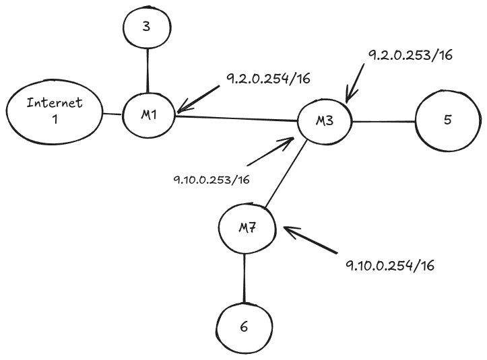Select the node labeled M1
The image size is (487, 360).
pos(149,115)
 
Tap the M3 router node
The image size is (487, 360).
pos(325,122)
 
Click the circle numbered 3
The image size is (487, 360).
pos(148,28)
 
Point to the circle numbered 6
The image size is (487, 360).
pos(244,328)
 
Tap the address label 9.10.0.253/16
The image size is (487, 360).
pos(212,180)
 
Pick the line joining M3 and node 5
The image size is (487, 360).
pos(383,122)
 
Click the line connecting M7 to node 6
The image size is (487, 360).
pos(244,280)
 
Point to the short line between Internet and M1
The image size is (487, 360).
pos(112,114)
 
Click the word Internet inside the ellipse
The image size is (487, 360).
pos(54,104)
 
